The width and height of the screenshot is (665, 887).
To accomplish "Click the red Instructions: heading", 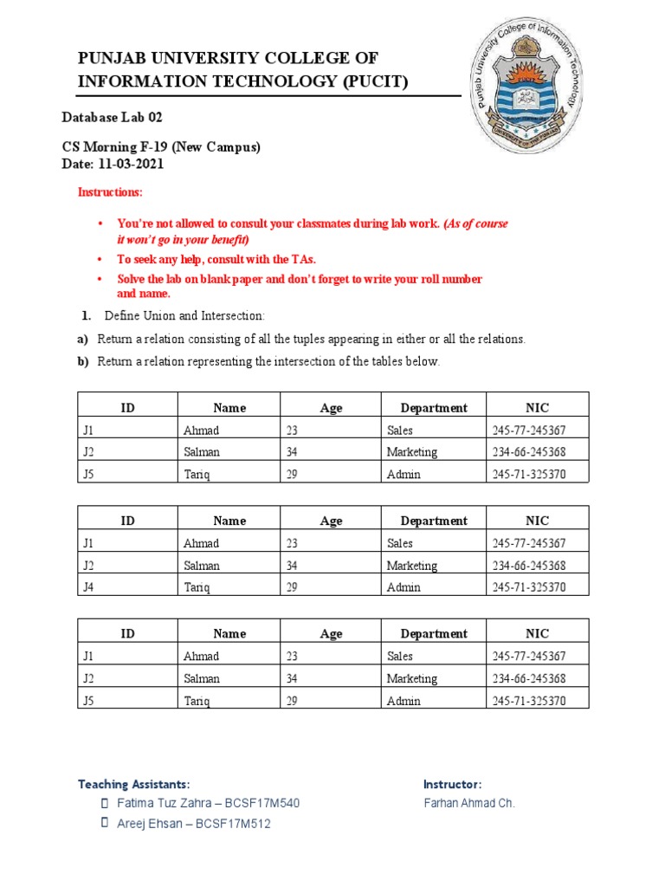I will coord(111,192).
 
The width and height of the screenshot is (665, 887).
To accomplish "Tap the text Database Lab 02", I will coord(112,117).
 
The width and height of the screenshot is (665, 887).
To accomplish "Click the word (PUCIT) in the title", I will coord(364,81).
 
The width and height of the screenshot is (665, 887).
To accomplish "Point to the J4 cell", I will coord(88,587).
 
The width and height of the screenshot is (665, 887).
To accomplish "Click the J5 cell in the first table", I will coord(88,474).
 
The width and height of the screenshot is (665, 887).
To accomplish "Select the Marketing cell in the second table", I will coord(411,566).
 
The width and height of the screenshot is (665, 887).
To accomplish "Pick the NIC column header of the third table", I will coord(537,633).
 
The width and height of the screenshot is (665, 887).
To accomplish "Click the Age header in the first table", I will coord(331,407).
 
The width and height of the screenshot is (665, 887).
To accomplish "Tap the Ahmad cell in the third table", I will coord(201,657).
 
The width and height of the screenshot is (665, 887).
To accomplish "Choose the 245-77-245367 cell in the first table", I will coord(528,430).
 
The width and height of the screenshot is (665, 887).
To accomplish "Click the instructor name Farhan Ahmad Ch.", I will coord(469,803).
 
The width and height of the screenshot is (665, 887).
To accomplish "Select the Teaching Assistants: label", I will coord(133,784).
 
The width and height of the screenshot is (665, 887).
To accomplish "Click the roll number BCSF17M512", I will coord(233,824).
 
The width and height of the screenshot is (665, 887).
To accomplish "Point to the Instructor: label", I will coord(452,784).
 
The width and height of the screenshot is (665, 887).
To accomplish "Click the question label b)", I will coord(84,361).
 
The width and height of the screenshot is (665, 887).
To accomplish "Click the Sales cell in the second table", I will coord(399,543).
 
